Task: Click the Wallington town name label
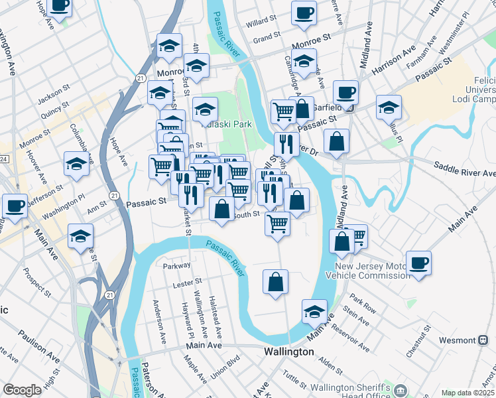(289, 352)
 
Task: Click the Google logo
(22, 390)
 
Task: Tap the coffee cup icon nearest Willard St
(304, 13)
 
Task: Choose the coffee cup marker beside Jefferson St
(15, 206)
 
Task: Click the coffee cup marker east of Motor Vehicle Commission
(418, 263)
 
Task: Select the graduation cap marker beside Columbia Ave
(77, 164)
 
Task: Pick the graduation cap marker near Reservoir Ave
(314, 310)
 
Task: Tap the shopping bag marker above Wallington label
(275, 281)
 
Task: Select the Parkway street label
(176, 265)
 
